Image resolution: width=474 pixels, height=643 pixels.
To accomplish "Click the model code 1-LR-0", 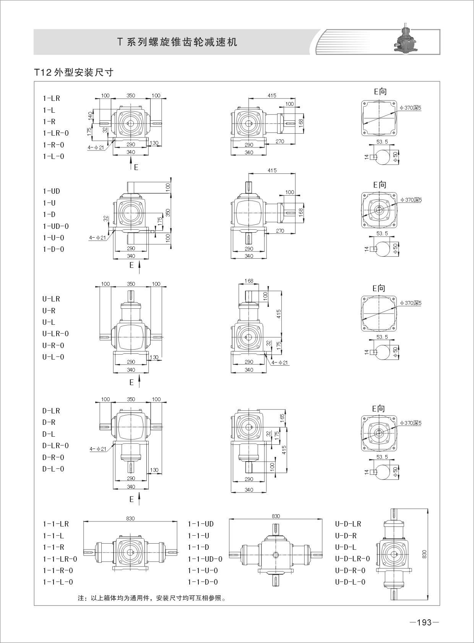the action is click(56, 133).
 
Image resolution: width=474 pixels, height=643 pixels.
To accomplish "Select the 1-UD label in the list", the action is click(52, 191).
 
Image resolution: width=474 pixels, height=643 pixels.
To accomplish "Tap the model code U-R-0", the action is click(53, 345).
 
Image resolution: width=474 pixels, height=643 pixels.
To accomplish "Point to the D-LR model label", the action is click(51, 411).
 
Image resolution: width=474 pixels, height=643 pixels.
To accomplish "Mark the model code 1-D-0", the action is click(54, 249).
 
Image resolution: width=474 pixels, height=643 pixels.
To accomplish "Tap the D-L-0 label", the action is click(53, 469).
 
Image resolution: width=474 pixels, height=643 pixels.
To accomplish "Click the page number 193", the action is click(424, 622).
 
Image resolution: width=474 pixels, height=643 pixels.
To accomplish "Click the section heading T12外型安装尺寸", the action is click(74, 72).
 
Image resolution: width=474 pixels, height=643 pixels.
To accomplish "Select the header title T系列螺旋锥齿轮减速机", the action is click(177, 42).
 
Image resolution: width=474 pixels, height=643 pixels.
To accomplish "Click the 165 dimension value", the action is click(282, 417).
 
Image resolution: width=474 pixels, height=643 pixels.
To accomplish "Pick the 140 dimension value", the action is click(90, 116).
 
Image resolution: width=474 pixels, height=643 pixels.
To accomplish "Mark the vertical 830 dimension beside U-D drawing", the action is click(425, 554).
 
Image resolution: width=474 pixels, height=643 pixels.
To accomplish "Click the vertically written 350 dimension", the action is click(168, 213).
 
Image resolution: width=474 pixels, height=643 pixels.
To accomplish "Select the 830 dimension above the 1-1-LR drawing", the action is click(130, 518).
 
